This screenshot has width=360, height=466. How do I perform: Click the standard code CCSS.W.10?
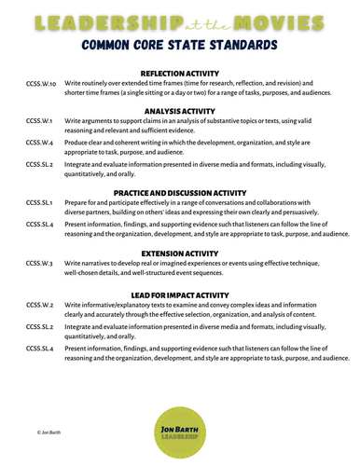41,83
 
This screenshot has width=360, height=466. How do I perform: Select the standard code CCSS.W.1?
39,121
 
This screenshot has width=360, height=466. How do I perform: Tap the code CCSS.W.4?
39,142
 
